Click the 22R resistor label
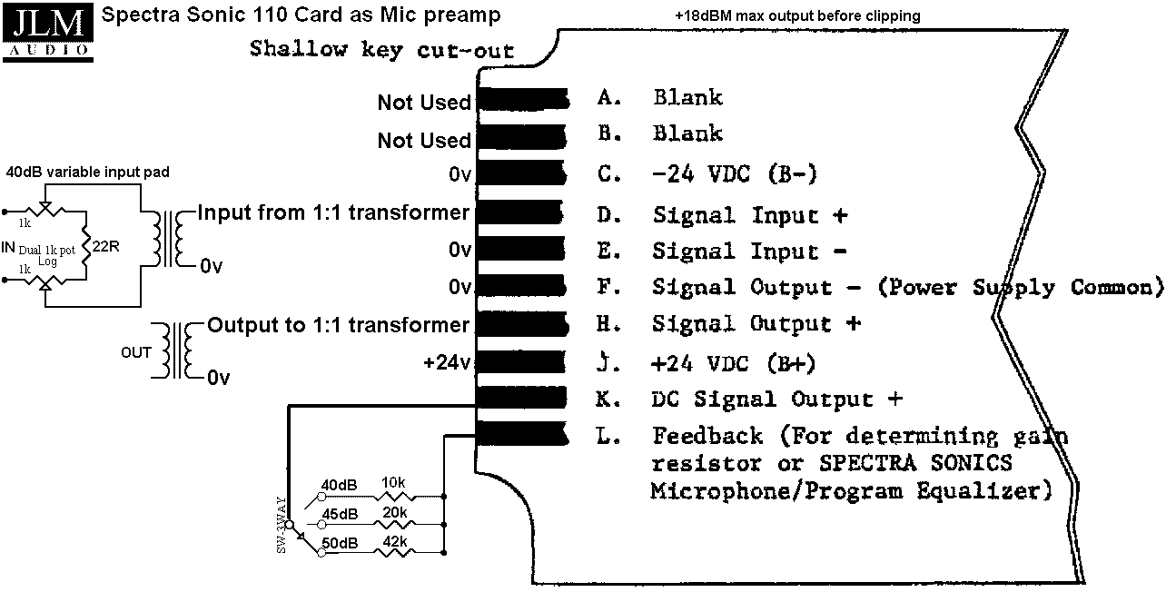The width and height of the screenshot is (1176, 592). pos(106,245)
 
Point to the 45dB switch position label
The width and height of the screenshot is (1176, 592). pos(340,514)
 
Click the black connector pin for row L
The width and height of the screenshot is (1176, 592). pos(521,435)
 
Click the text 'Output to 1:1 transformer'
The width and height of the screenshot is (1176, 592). pos(338,325)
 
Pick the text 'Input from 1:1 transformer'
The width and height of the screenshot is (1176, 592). pos(333,213)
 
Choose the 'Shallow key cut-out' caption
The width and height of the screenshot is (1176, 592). pos(381,49)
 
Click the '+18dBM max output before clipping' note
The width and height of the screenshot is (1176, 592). pos(797,15)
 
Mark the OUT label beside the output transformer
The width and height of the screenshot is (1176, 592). pos(136,352)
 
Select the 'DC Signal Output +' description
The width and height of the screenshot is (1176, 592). pos(777,400)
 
